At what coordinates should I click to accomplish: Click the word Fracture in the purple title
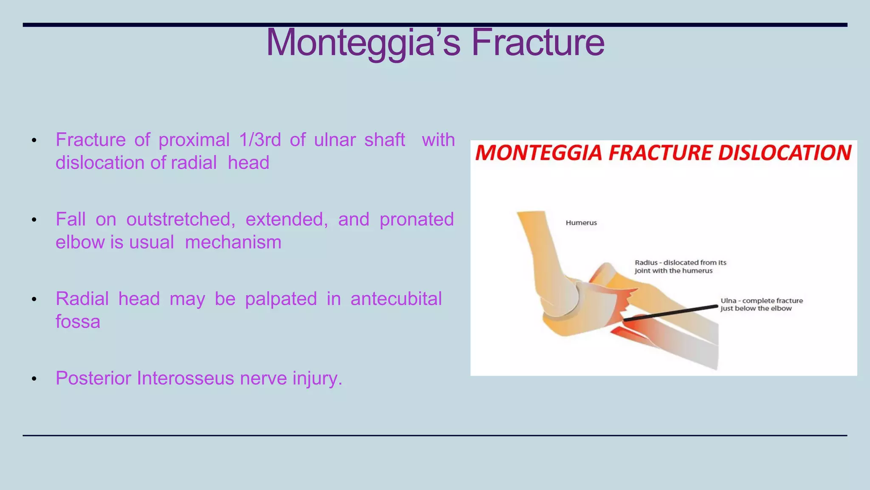point(538,43)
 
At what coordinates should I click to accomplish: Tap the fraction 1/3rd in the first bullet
point(260,140)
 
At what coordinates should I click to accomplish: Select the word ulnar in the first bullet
point(334,140)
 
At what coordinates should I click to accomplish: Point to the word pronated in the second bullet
point(416,219)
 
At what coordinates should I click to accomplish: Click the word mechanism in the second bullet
point(233,242)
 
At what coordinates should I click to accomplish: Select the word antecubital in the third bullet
point(396,299)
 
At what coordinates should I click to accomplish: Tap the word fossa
point(78,322)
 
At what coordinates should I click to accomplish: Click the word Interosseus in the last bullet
point(185,379)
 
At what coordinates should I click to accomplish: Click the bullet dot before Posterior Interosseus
point(34,379)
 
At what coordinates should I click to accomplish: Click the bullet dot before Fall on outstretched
point(34,220)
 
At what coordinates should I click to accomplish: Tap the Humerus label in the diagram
point(581,223)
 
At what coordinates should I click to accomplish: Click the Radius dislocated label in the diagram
point(680,267)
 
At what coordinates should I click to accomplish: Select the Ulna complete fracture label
point(761,305)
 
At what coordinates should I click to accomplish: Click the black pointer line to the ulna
point(671,312)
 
